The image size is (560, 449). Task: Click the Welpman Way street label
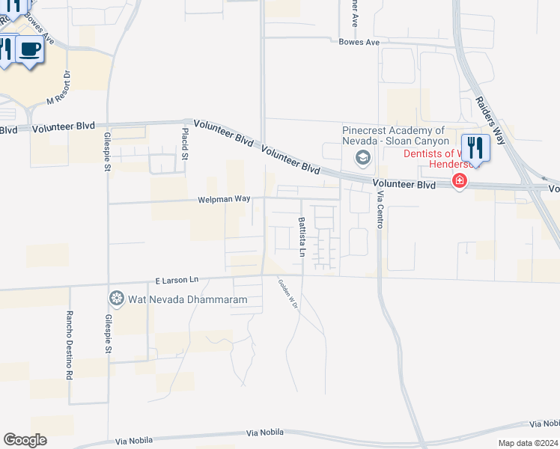pyautogui.click(x=224, y=199)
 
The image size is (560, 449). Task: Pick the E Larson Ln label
pyautogui.click(x=177, y=280)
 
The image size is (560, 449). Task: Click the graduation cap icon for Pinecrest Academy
pyautogui.click(x=363, y=157)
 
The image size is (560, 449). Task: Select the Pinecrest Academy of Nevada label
pyautogui.click(x=395, y=135)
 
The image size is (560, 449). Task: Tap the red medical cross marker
pyautogui.click(x=459, y=180)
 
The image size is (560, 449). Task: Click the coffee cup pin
pyautogui.click(x=29, y=50)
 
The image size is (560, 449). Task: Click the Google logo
pyautogui.click(x=25, y=440)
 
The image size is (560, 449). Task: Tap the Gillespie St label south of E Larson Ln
pyautogui.click(x=108, y=333)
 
